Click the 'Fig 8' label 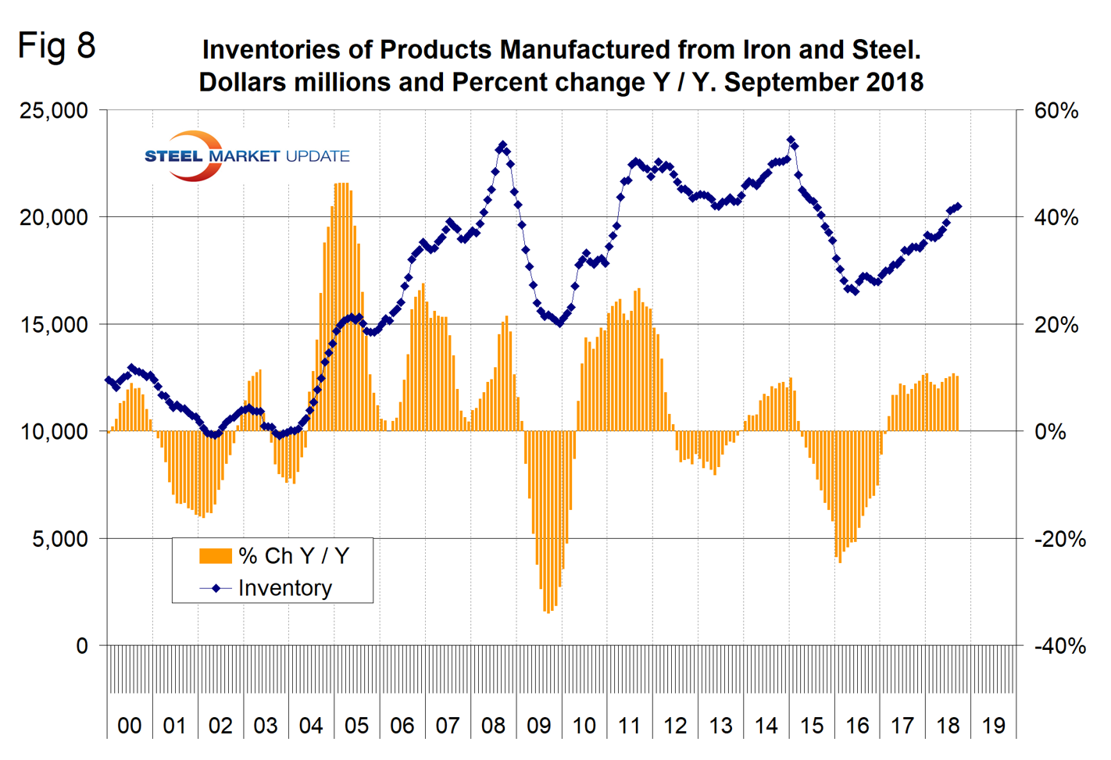(56, 45)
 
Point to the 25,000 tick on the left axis (53, 110)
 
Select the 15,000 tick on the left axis (53, 325)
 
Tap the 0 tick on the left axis (82, 646)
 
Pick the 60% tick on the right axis (1056, 110)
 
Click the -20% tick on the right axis (1059, 539)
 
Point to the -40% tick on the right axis (1059, 646)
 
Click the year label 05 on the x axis (356, 726)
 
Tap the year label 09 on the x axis (538, 726)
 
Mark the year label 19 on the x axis (993, 726)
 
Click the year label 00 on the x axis (129, 726)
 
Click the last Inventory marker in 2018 (959, 206)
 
